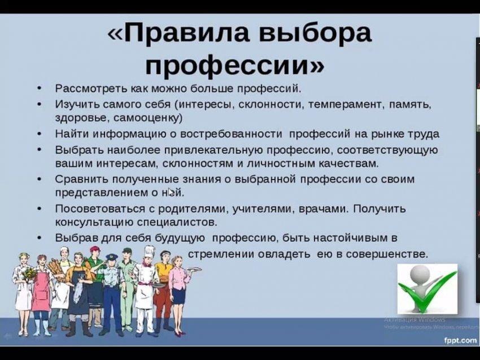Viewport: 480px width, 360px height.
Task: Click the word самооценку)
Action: pyautogui.click(x=147, y=117)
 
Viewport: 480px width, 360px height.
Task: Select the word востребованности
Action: pyautogui.click(x=231, y=134)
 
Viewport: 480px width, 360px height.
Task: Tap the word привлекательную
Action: pyautogui.click(x=213, y=150)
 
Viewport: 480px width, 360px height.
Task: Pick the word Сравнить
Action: pyautogui.click(x=82, y=179)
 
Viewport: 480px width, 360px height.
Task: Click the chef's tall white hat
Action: pyautogui.click(x=150, y=252)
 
